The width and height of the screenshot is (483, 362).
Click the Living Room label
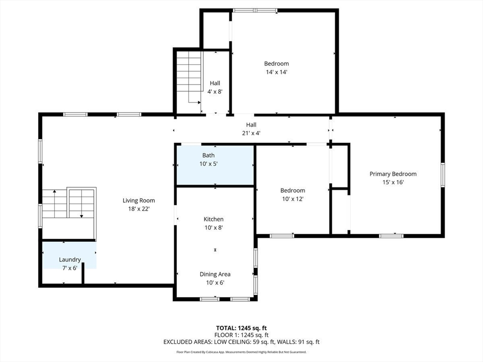pos(139,200)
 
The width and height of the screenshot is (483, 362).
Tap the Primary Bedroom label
pos(393,174)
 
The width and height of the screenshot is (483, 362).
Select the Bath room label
pos(208,156)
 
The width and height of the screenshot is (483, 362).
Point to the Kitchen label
pos(214,219)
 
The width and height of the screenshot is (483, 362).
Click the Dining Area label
pos(215,274)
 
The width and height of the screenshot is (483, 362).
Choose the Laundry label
pos(70,260)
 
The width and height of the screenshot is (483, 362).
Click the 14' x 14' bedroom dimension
pos(276,72)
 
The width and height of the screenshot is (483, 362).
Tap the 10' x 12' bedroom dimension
pos(292,199)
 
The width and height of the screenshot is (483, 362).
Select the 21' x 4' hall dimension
pos(251,133)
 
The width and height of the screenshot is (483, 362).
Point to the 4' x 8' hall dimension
pos(215,91)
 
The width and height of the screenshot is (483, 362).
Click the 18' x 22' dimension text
pos(139,209)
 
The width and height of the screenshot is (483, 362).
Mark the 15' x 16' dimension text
pos(393,182)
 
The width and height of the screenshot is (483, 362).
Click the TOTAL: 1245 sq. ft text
pos(241,328)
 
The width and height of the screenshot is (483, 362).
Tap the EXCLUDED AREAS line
pos(241,342)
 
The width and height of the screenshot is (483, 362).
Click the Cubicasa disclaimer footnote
pos(241,352)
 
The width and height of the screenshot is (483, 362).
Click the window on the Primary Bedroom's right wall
pos(442,174)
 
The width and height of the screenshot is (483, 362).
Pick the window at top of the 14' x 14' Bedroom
pos(255,11)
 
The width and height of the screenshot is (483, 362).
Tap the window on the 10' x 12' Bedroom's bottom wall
pos(282,236)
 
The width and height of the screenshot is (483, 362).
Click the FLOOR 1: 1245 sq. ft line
pos(241,335)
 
